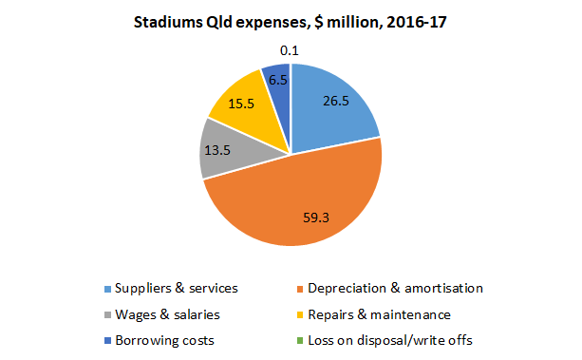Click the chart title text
point(291,23)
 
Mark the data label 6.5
point(276,81)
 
